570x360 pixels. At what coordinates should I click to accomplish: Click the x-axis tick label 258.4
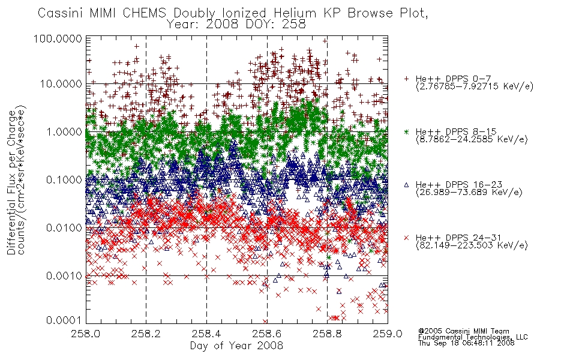(x=207, y=334)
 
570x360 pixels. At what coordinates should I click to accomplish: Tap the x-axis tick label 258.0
(x=86, y=334)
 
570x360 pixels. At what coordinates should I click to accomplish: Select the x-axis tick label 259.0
(x=388, y=334)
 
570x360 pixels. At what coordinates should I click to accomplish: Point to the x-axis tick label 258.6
(x=267, y=334)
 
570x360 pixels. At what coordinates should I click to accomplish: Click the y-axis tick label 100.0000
(x=58, y=38)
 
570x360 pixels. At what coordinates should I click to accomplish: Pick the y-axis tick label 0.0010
(x=64, y=276)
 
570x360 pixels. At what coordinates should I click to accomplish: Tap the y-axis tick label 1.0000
(x=64, y=131)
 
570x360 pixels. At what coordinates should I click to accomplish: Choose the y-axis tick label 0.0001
(x=64, y=320)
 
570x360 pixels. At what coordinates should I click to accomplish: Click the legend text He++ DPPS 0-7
(x=454, y=79)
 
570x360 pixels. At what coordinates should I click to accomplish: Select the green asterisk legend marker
(x=406, y=131)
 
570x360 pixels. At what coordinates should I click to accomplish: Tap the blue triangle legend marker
(x=406, y=185)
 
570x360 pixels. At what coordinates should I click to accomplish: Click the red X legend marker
(x=406, y=238)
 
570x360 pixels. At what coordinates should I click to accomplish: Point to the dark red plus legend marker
(x=406, y=79)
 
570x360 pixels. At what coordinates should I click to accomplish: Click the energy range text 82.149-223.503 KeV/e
(x=472, y=245)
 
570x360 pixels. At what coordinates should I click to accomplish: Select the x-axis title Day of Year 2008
(x=236, y=346)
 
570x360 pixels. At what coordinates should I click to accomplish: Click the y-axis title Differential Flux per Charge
(x=11, y=182)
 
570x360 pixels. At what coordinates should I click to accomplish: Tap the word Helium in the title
(x=295, y=13)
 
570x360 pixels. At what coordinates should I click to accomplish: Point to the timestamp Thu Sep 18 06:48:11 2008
(x=466, y=343)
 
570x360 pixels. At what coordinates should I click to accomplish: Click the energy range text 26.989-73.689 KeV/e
(x=469, y=192)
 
